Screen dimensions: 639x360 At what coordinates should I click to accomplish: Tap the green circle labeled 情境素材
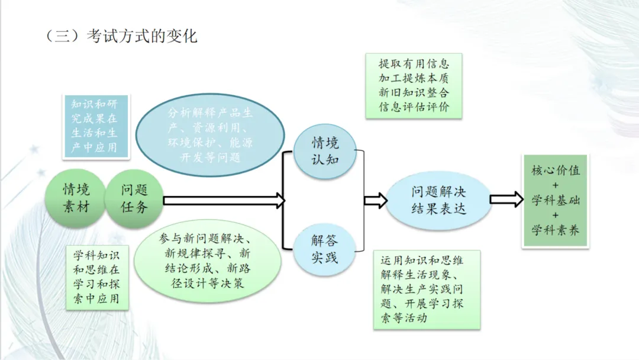[x=76, y=198]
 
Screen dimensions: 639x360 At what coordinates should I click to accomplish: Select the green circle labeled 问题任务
[x=134, y=198]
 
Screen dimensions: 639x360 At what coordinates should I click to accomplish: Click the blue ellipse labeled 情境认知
[x=325, y=151]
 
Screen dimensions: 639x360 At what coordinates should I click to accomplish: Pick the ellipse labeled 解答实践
[x=325, y=249]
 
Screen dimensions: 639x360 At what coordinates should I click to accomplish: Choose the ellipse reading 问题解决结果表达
[x=439, y=200]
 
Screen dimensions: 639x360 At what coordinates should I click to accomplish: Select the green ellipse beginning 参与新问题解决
[x=207, y=261]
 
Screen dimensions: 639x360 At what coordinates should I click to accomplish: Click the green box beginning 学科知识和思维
[x=96, y=277]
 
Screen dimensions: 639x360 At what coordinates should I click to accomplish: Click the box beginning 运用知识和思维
[x=427, y=290]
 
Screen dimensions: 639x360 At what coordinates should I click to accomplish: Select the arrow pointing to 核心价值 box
[x=506, y=200]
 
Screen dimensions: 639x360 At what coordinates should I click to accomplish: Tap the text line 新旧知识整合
[x=414, y=93]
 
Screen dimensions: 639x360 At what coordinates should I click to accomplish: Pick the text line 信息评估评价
[x=414, y=107]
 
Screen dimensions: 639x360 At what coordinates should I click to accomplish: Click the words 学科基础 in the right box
[x=556, y=200]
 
